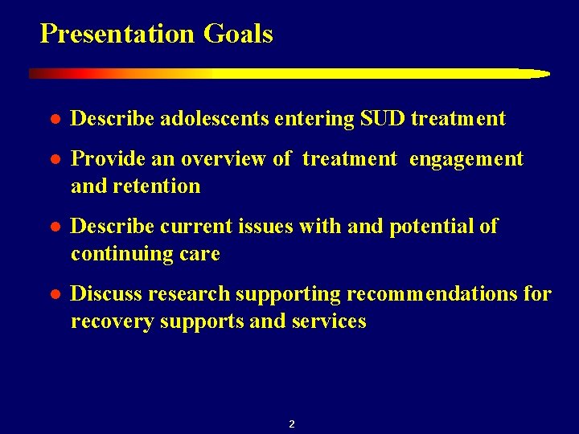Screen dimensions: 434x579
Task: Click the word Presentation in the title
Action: (x=117, y=34)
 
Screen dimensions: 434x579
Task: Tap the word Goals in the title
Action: (x=238, y=34)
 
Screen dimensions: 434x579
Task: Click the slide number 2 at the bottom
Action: (x=291, y=424)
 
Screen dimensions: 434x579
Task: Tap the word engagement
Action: (x=466, y=159)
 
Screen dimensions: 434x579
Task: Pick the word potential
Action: (x=432, y=227)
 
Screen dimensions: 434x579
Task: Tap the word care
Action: (x=200, y=254)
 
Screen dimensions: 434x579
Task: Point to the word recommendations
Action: (x=432, y=294)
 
